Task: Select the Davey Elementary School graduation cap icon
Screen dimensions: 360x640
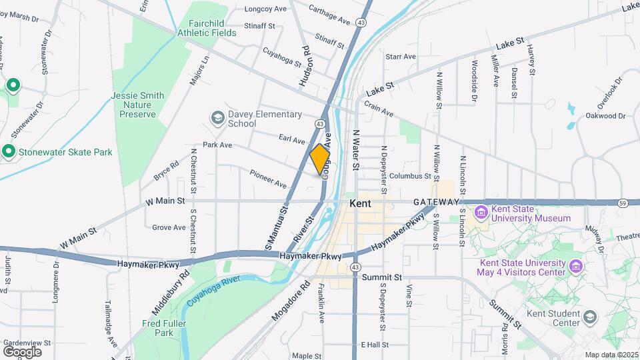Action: [217, 118]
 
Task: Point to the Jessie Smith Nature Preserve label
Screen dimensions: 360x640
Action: [137, 105]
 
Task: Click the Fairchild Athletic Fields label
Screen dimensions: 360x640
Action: [207, 27]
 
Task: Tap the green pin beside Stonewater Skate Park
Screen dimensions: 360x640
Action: [9, 152]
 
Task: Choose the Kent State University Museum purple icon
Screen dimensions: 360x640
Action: [480, 213]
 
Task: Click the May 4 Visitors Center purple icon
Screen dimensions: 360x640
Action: [577, 267]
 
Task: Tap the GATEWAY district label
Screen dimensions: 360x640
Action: [436, 202]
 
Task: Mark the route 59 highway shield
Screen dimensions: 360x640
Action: [621, 203]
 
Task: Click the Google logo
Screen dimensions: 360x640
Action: [22, 351]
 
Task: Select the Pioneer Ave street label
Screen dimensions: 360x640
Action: [268, 179]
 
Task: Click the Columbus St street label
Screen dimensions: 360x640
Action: [411, 176]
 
